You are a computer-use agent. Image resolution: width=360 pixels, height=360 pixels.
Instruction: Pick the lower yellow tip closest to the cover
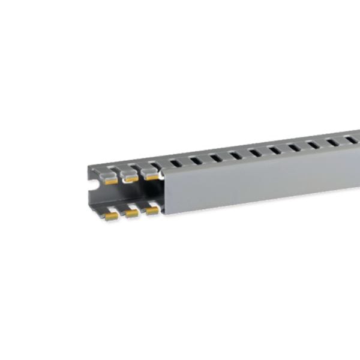pyautogui.click(x=152, y=211)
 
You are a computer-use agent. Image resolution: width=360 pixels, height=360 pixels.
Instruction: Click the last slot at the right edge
pyautogui.click(x=352, y=140)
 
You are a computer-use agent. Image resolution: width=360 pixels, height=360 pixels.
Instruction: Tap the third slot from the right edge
pyautogui.click(x=313, y=145)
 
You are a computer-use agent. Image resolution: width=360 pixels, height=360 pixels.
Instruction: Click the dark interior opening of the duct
pyautogui.click(x=129, y=195)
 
